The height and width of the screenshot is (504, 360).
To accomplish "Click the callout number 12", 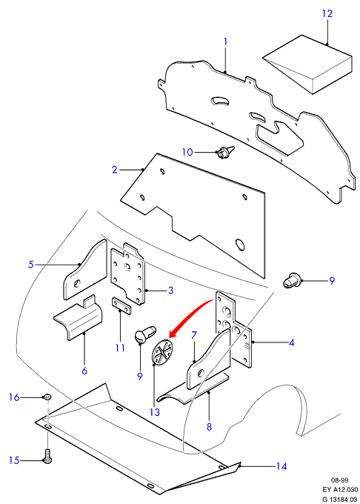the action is (327, 14).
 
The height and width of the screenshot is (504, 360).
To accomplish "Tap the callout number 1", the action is (225, 42).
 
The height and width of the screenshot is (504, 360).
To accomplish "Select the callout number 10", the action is (187, 152).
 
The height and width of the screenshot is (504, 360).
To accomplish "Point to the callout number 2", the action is (115, 170).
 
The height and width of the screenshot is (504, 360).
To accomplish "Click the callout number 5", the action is (31, 265).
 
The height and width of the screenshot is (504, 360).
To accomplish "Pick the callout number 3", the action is (170, 291).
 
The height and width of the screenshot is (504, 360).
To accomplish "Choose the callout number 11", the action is (120, 348).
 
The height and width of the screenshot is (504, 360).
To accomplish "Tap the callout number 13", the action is (155, 412).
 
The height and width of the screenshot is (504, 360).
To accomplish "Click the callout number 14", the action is (281, 466).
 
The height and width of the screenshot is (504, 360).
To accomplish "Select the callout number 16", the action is (15, 397).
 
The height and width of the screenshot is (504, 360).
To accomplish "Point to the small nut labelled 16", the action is (47, 397).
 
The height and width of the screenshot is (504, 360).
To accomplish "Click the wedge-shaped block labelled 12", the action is (307, 64).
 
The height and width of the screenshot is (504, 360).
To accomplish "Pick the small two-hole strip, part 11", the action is (121, 307).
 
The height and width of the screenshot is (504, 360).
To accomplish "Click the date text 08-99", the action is (340, 480).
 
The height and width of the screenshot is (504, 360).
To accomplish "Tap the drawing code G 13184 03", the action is (339, 499).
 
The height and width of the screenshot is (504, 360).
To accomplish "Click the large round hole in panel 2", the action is (240, 245).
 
